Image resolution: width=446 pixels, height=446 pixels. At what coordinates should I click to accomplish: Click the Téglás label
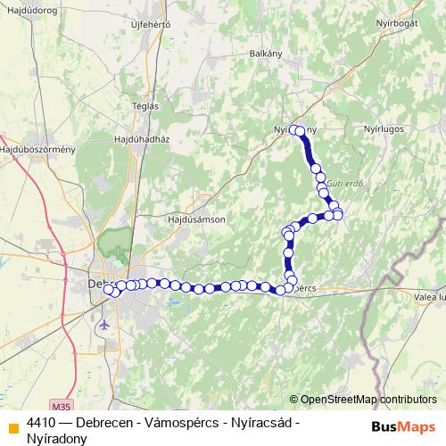point(145,104)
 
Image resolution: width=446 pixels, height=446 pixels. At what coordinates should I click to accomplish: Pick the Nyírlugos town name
point(384,128)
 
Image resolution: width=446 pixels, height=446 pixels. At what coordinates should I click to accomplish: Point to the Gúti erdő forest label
point(345,183)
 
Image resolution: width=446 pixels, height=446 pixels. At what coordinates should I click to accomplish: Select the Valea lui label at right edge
point(430,296)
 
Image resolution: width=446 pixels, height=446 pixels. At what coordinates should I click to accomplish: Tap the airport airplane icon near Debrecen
point(105,324)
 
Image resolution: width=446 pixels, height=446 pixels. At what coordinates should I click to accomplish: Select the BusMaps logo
point(404,425)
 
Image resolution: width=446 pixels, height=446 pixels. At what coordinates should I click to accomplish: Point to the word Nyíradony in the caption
point(57,437)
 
